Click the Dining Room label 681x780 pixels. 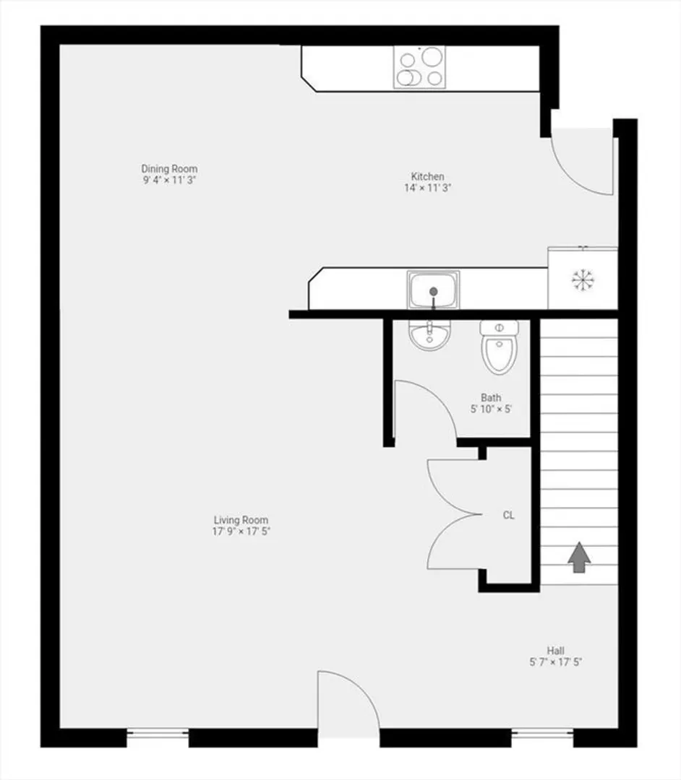point(169,168)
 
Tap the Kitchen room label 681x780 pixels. point(428,176)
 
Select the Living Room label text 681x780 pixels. point(241,520)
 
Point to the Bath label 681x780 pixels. point(491,397)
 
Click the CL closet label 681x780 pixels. point(508,516)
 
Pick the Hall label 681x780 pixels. point(555,651)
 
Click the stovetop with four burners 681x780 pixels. point(419,67)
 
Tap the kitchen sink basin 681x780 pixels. point(433,290)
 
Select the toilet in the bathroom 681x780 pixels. point(500,347)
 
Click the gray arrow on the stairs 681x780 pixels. point(579,557)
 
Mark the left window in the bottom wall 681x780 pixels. point(158,737)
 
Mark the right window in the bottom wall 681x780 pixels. point(543,737)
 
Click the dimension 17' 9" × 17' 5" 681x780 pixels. point(241,532)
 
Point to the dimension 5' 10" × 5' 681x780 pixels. point(491,409)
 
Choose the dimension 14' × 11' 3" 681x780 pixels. point(428,188)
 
